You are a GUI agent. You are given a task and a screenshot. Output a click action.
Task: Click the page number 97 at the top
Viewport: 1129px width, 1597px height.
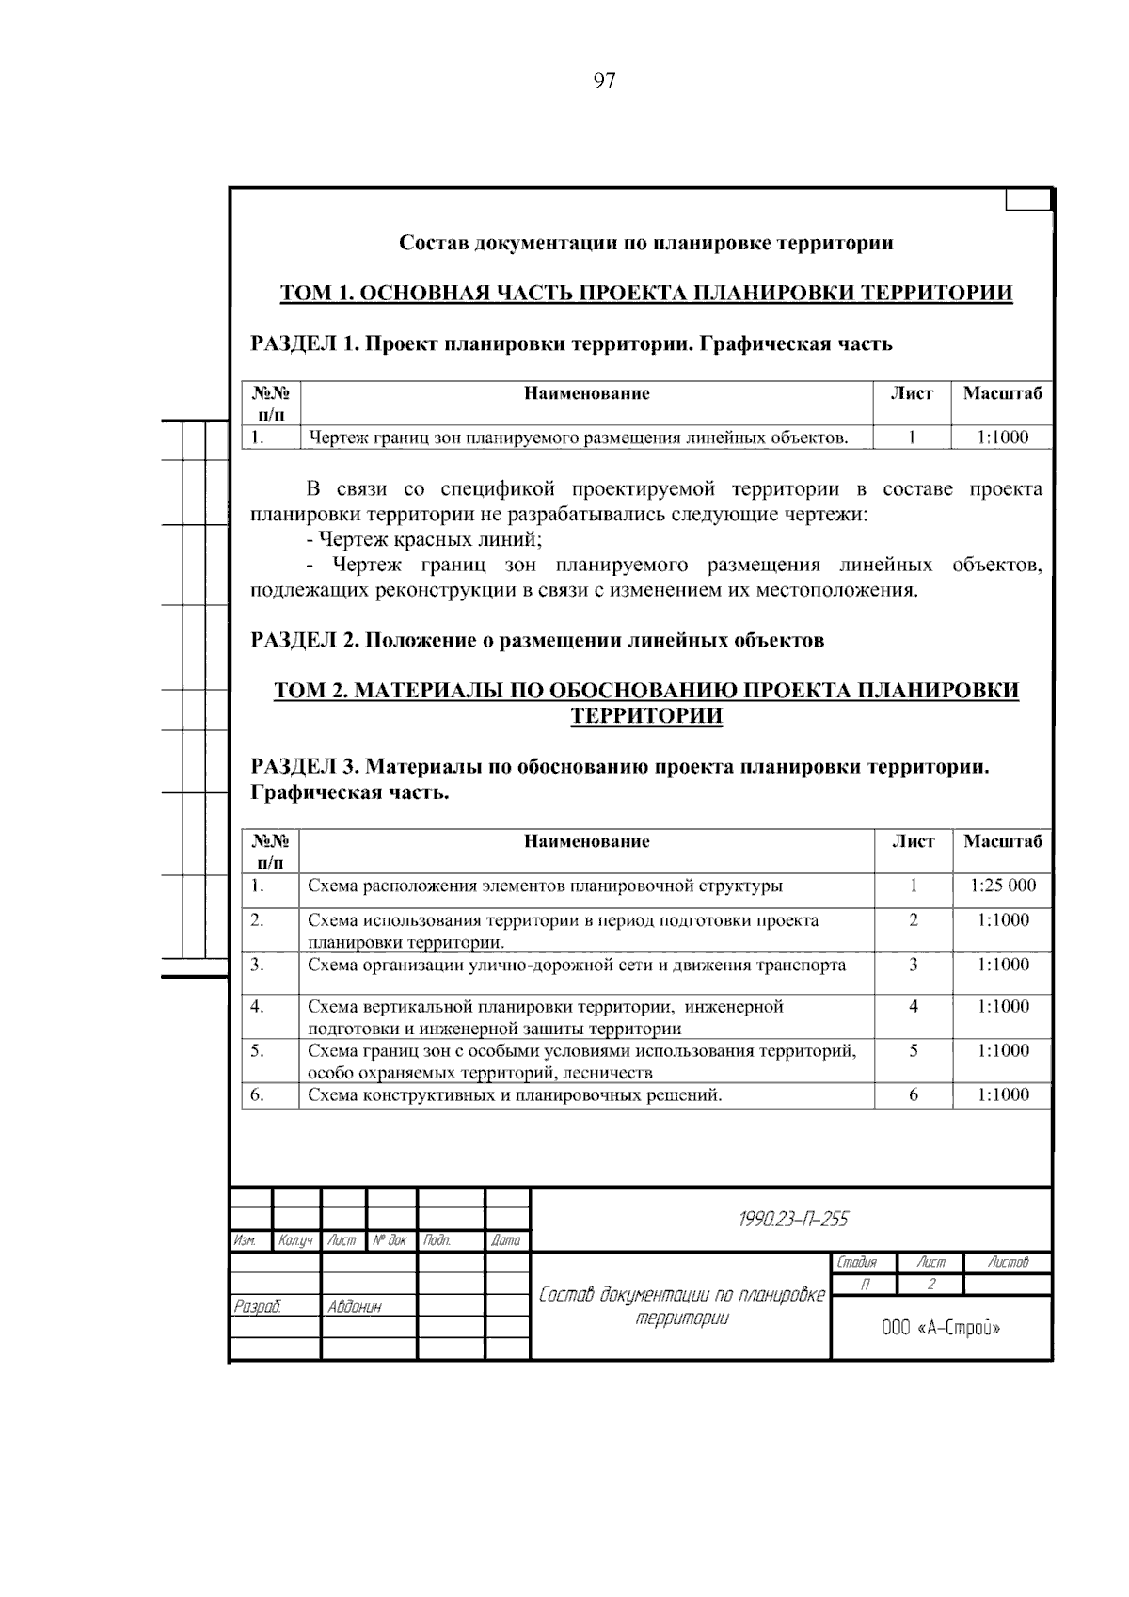[x=604, y=81]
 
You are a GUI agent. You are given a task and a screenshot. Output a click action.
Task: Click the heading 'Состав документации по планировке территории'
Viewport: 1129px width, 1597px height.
[x=646, y=243]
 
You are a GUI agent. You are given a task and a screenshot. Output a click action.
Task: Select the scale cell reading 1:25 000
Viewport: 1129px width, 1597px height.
[x=1002, y=886]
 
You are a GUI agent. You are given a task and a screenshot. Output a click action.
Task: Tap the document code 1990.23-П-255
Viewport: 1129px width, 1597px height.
[x=793, y=1220]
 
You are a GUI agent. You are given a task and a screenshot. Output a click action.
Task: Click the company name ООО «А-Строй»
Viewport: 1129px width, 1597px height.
[x=941, y=1328]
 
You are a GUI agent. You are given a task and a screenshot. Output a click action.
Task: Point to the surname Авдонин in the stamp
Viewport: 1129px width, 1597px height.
[x=355, y=1306]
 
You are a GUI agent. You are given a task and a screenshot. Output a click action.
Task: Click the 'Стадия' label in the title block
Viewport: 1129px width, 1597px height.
[x=856, y=1263]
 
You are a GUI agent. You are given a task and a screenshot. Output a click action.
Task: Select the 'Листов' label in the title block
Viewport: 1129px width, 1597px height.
[x=1008, y=1263]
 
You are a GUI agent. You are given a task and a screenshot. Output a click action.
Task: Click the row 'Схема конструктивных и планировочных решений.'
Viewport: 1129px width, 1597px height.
[x=515, y=1094]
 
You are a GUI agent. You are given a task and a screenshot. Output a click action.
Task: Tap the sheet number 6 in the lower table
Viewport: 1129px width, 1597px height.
[x=913, y=1094]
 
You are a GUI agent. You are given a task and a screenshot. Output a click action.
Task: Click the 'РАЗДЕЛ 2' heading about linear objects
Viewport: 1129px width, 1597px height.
[x=537, y=641]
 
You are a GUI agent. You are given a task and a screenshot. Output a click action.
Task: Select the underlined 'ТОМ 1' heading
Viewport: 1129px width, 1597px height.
[x=646, y=293]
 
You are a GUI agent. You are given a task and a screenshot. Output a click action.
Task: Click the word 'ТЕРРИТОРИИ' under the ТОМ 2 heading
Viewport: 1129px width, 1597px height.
[x=646, y=716]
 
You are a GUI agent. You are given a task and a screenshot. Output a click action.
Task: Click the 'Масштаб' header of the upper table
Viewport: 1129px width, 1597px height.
[x=1002, y=393]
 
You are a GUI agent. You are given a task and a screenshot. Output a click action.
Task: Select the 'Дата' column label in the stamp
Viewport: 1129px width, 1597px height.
[x=506, y=1241]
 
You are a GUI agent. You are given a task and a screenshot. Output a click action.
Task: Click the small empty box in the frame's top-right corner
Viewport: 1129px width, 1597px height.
[x=1027, y=200]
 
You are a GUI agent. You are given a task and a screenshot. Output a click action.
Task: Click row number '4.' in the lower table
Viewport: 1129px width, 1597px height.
[x=258, y=1007]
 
